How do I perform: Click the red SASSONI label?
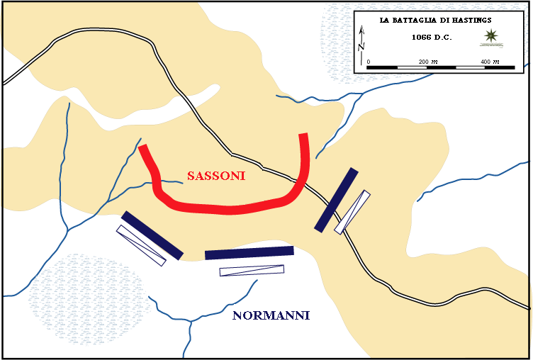216,176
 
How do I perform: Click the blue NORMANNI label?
271,315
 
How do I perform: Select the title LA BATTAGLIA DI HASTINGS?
435,21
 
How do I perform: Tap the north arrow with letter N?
362,40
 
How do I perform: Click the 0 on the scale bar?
368,62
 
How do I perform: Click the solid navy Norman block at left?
152,235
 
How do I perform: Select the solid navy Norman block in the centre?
249,252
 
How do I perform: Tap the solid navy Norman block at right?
335,200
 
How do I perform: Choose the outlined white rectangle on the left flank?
141,245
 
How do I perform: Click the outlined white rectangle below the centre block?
252,270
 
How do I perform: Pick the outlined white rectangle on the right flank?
352,211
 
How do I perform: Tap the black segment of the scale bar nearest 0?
383,67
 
